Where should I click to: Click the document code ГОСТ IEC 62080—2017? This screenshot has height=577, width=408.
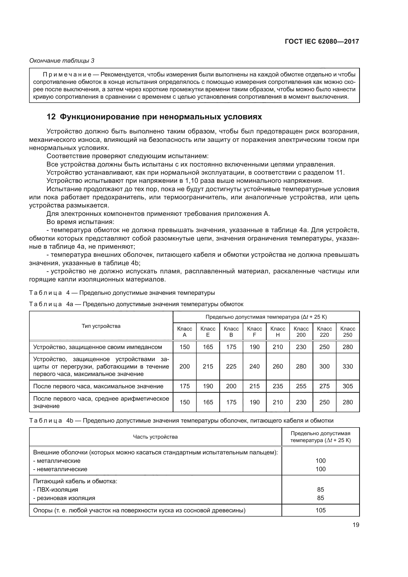point(322,42)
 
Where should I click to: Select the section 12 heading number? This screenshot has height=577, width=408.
point(51,117)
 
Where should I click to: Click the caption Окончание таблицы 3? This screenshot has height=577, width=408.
point(62,61)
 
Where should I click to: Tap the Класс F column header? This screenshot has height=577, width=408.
point(254,332)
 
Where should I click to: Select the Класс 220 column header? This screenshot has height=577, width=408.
point(324,332)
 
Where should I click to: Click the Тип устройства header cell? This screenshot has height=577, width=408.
point(101,326)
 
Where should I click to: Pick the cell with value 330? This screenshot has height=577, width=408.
point(348,366)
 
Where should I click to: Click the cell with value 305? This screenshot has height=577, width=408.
point(348,386)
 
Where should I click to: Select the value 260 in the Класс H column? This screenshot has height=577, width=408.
point(278,366)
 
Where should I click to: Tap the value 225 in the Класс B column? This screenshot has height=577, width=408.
point(231,366)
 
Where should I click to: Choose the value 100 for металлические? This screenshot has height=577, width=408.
point(320,461)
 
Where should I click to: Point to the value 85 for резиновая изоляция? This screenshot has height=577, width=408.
point(320,498)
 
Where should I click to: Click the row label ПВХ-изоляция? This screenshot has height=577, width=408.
point(57,489)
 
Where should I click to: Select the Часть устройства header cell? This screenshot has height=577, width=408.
point(155,437)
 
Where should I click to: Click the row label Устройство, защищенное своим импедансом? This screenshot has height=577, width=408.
point(97,347)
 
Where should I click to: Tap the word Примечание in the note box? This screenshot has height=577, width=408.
point(67,75)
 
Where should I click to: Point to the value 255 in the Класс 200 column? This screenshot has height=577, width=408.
point(301,386)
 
